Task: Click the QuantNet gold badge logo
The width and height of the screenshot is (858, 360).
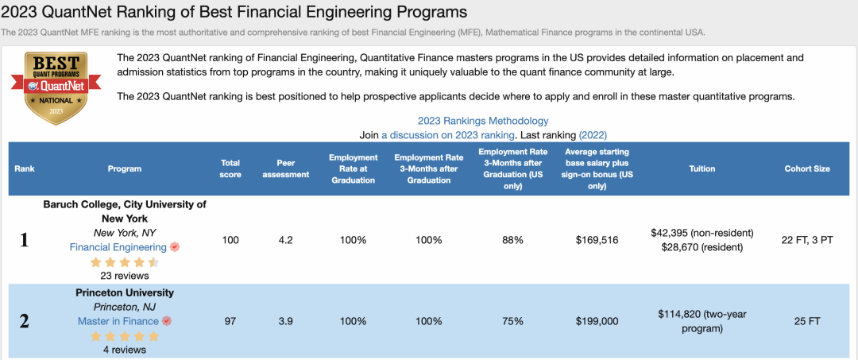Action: click(x=56, y=88)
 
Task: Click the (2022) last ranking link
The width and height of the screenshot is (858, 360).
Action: click(x=593, y=135)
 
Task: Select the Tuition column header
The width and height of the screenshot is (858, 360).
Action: click(x=701, y=168)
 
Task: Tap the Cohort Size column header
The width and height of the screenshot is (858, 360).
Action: click(x=806, y=168)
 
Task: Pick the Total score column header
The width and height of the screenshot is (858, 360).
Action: click(x=230, y=168)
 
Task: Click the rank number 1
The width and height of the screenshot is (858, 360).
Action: click(x=24, y=240)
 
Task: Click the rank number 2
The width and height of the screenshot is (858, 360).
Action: click(x=24, y=322)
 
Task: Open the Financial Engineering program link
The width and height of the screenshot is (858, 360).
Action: click(x=118, y=247)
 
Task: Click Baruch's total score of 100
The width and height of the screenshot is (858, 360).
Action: click(x=230, y=240)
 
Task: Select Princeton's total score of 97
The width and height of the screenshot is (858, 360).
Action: click(x=230, y=321)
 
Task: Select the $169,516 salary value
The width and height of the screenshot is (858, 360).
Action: click(x=597, y=240)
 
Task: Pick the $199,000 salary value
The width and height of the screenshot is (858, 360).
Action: click(x=597, y=321)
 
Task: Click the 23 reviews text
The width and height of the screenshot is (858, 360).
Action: click(x=125, y=276)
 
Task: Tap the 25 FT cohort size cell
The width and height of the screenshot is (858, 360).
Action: click(x=806, y=321)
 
